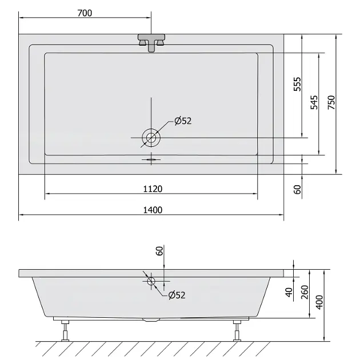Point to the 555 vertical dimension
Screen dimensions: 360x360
pos(297,85)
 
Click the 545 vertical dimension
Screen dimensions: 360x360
pos(314,102)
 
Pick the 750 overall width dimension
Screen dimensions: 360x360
pos(331,102)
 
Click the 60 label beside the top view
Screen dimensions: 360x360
pos(297,189)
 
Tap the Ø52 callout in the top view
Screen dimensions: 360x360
pos(183,121)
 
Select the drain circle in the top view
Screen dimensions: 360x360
pos(151,137)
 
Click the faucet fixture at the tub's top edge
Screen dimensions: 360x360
pos(151,43)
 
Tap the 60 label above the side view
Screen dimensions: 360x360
pos(159,250)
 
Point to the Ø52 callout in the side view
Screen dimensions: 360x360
pos(177,295)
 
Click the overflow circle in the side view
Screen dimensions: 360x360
pos(151,281)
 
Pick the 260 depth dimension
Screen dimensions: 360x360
pos(305,293)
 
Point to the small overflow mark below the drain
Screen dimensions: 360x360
pos(151,159)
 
